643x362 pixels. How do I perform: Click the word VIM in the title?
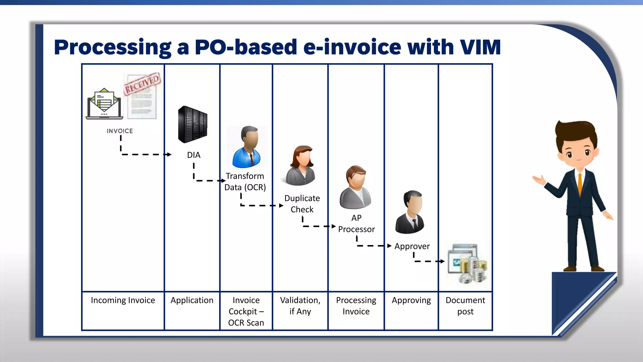480,47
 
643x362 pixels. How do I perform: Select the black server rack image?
192,125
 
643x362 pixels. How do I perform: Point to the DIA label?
193,155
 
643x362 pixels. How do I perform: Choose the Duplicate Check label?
302,204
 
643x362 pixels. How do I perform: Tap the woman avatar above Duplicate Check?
301,166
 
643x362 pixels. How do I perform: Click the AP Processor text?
356,223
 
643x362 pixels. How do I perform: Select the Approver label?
412,246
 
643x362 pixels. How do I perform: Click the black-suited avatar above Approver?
410,212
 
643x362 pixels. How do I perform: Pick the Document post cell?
465,306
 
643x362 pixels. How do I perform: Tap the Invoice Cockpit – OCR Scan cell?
246,311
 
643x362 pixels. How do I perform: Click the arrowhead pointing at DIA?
170,154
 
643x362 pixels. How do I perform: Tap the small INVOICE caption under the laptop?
120,131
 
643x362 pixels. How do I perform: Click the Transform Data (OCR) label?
245,182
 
